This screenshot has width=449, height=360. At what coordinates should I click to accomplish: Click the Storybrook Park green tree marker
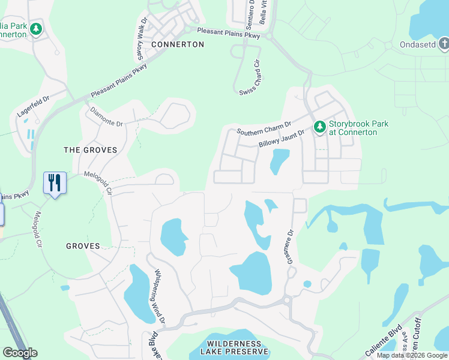(x=319, y=127)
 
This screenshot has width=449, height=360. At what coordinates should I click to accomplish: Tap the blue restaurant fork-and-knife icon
(x=55, y=182)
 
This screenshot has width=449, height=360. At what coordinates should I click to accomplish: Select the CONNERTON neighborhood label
(x=178, y=44)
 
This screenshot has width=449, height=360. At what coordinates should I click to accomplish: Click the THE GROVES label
(x=91, y=149)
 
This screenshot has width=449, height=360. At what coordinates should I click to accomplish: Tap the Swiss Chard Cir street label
(x=249, y=76)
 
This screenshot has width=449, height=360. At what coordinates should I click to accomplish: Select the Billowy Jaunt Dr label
(x=282, y=138)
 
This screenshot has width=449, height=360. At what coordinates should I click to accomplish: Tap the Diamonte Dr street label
(x=106, y=116)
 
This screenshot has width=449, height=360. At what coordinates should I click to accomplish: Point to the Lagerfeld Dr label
(x=33, y=104)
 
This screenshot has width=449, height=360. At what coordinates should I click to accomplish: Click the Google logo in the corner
(x=20, y=352)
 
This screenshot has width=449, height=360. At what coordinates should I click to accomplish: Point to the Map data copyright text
(x=412, y=355)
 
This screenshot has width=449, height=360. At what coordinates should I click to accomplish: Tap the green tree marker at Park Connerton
(x=36, y=28)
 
